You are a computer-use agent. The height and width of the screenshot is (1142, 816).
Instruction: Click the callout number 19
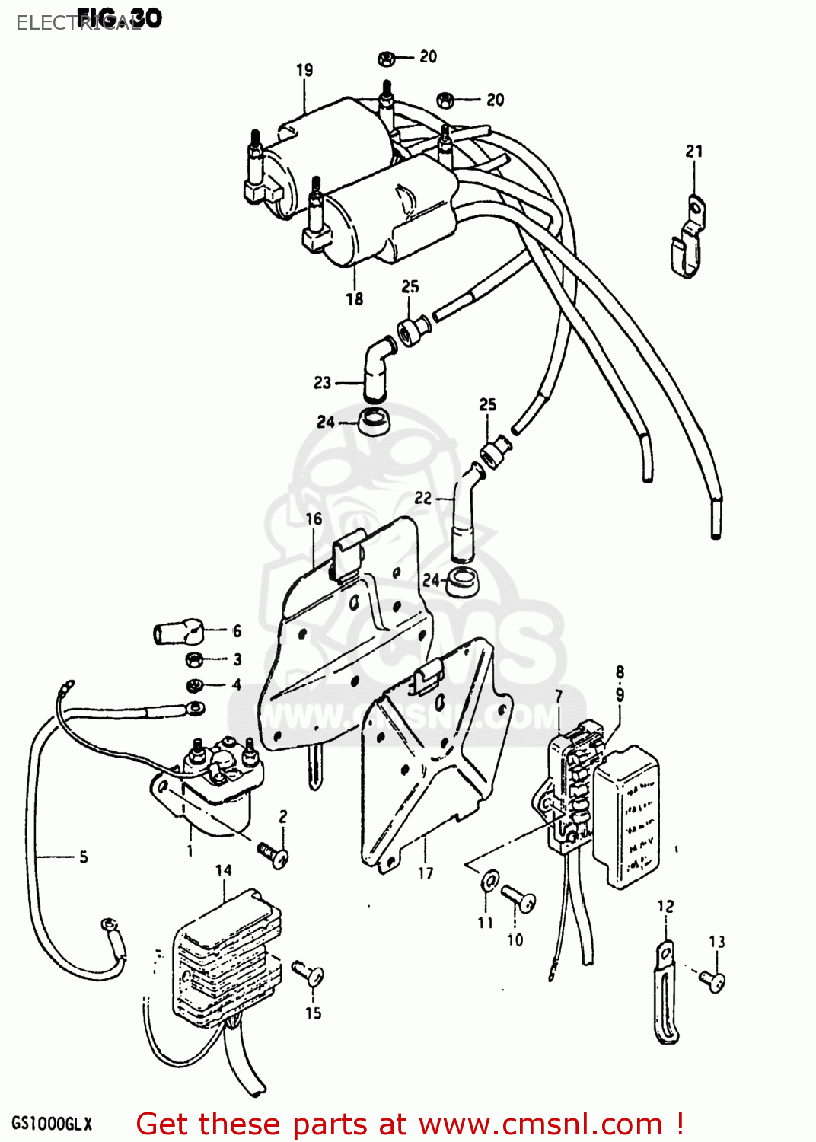304,70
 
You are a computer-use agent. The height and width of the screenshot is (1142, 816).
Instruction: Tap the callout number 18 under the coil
355,299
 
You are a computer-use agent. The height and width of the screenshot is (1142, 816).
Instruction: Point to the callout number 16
314,519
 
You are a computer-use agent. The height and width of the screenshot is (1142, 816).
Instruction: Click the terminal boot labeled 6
177,632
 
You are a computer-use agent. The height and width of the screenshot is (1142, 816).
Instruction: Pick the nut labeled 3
193,659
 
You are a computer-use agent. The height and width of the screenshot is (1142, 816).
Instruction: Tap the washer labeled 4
196,684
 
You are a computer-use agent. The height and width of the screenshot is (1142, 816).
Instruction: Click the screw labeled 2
273,854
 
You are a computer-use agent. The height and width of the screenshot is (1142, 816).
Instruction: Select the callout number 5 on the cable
84,857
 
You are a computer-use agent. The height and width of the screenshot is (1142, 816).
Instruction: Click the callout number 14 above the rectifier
223,870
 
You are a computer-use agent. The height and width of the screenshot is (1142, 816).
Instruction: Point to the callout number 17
426,873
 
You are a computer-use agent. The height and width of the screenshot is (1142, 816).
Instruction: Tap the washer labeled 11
489,882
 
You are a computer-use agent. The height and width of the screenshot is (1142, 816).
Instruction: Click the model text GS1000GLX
52,1124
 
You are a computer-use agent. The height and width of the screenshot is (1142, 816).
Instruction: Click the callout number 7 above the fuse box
559,696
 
